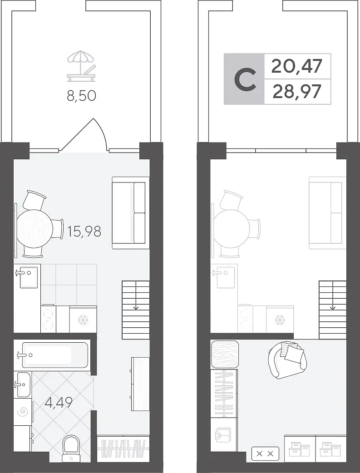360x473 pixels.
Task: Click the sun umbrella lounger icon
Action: pyautogui.click(x=81, y=66)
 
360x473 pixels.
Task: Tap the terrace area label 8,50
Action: pyautogui.click(x=81, y=96)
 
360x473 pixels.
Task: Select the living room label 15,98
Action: pyautogui.click(x=84, y=232)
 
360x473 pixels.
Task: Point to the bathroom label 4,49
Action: pyautogui.click(x=59, y=402)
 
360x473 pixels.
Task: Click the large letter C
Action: pyautogui.click(x=245, y=79)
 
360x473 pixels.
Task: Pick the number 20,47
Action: pyautogui.click(x=297, y=66)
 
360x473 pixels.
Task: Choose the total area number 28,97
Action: pyautogui.click(x=297, y=92)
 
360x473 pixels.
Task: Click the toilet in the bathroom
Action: pyautogui.click(x=71, y=448)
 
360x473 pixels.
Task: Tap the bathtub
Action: pyautogui.click(x=52, y=355)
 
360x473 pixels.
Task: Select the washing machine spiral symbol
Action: pyautogui.click(x=23, y=412)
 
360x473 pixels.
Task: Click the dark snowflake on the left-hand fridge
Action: pyautogui.click(x=83, y=320)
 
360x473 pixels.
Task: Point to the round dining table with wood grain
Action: pyautogui.click(x=35, y=229)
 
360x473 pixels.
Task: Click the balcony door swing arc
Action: pyautogui.click(x=101, y=132)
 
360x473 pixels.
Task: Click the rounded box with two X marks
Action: pyautogui.click(x=265, y=453)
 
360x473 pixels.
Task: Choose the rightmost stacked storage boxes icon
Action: pyautogui.click(x=330, y=449)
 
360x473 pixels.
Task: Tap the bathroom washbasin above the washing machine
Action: pyautogui.click(x=23, y=384)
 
